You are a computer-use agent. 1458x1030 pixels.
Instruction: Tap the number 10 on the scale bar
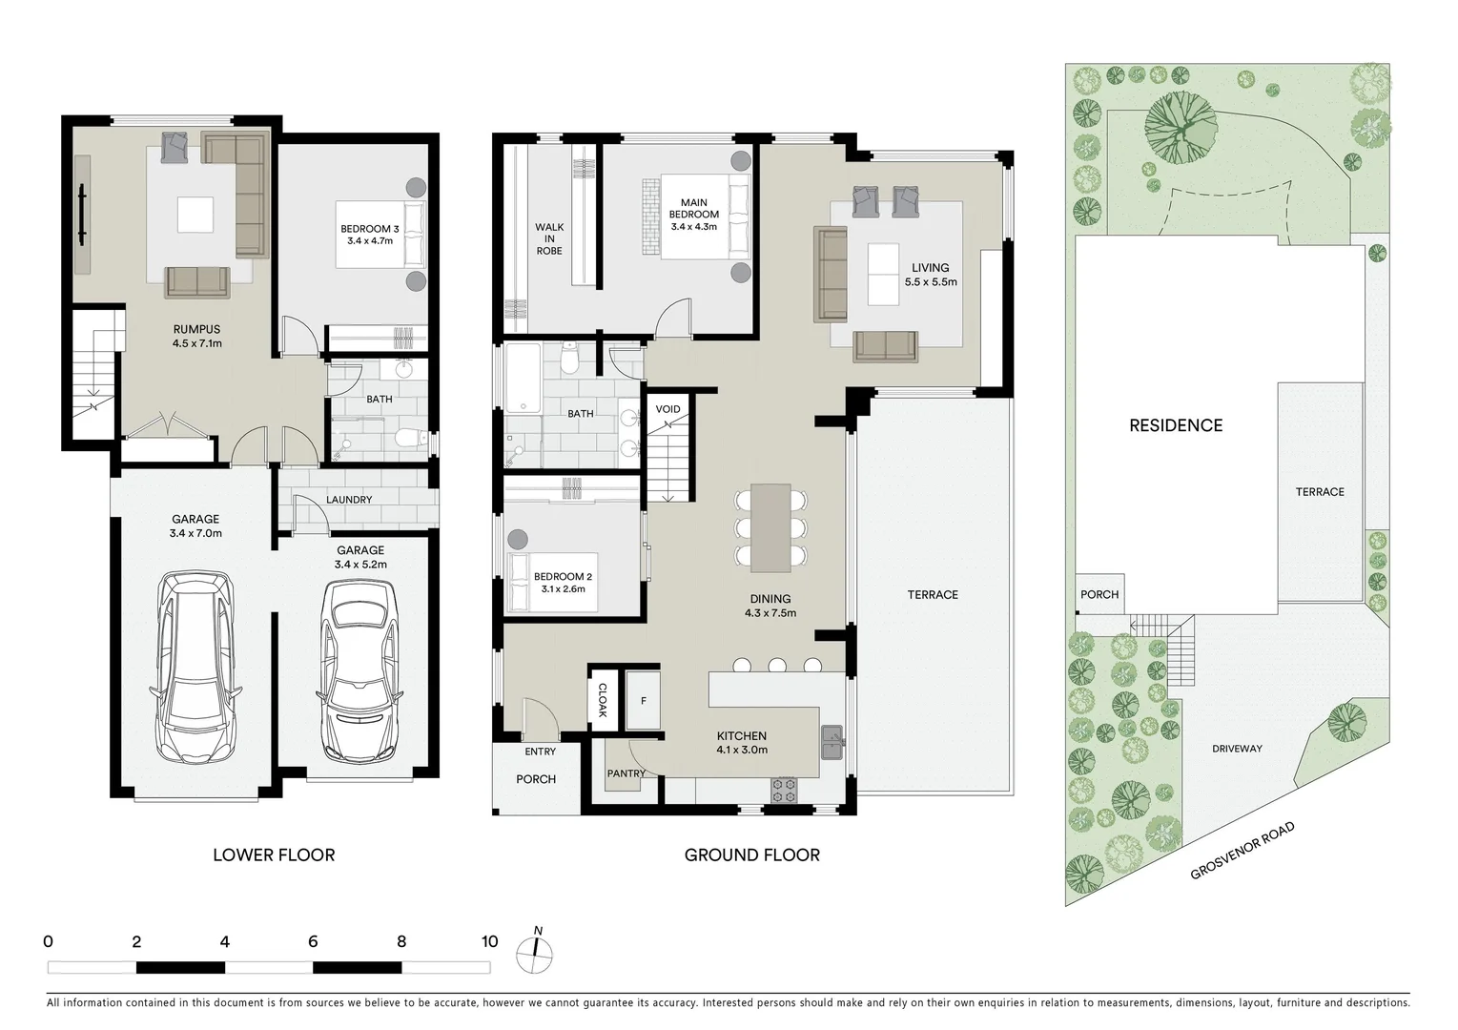[489, 942]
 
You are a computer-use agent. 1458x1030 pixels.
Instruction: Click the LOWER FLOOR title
[274, 855]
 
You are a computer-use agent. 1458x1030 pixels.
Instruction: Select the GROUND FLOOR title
[751, 855]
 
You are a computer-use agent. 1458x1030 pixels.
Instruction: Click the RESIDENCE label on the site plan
[1175, 426]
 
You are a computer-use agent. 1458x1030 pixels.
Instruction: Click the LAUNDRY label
[348, 500]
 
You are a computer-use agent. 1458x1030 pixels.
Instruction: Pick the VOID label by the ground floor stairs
[667, 410]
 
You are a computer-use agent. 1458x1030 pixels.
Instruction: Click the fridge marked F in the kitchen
[644, 701]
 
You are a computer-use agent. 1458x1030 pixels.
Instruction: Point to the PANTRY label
[626, 773]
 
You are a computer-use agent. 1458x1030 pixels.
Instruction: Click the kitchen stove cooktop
[783, 789]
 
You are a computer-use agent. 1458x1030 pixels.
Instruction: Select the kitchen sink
[831, 740]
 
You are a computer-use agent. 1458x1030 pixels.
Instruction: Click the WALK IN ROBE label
[549, 239]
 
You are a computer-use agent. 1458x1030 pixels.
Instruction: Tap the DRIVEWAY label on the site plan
[1237, 749]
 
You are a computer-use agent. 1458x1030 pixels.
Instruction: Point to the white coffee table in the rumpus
[196, 214]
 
